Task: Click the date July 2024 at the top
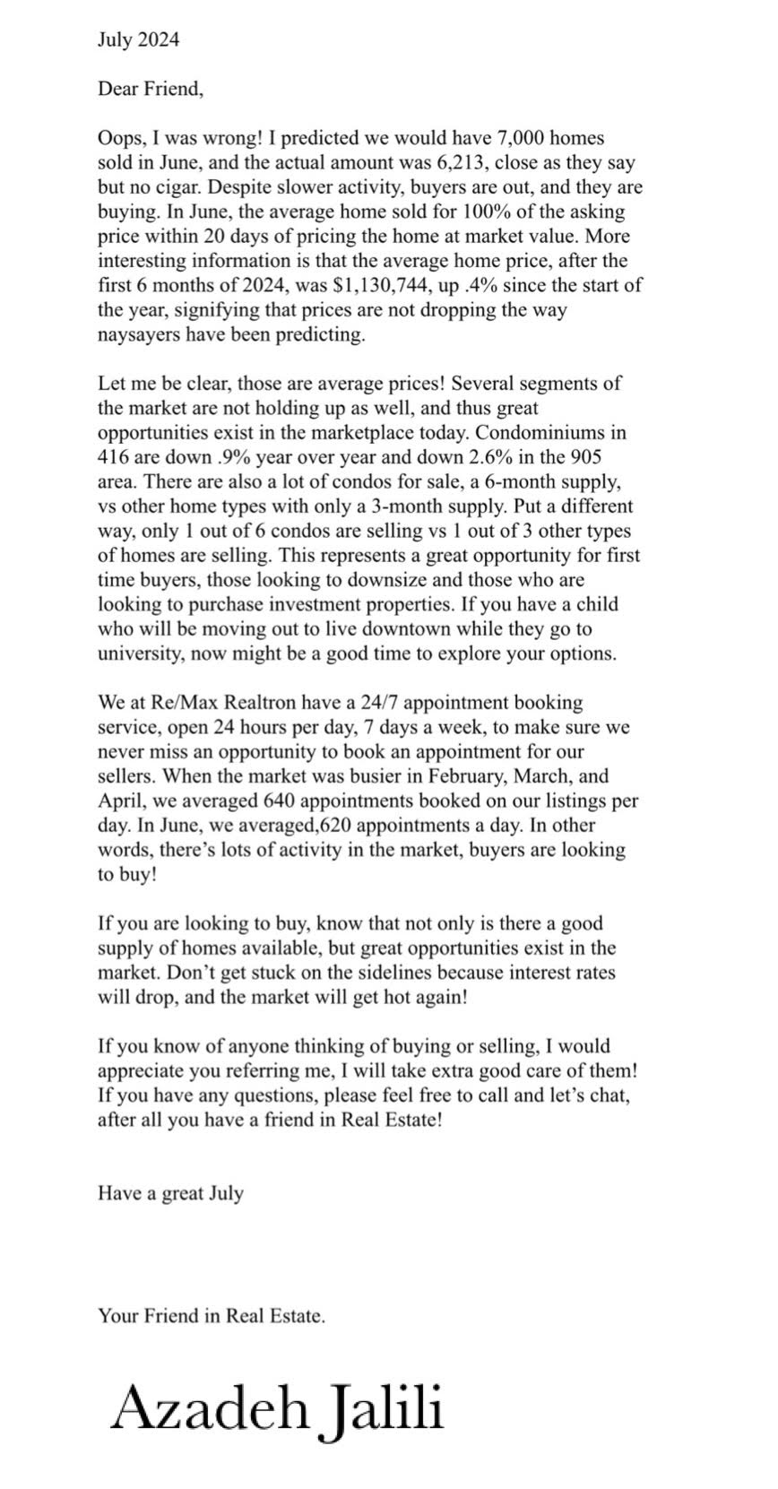[138, 39]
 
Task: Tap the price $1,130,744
[350, 286]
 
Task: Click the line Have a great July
[170, 1193]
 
